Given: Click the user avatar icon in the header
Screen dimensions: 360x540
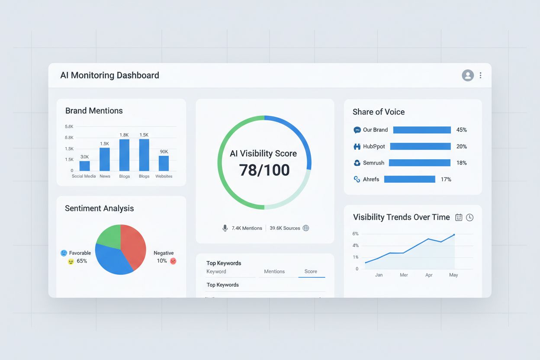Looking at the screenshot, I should tap(468, 75).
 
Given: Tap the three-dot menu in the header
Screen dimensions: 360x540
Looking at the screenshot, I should tap(480, 75).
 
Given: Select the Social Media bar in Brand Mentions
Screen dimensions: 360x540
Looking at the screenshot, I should tap(85, 166).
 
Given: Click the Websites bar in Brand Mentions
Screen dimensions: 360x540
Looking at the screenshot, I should tap(164, 164).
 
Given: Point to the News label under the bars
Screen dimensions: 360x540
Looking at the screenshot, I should tap(105, 176).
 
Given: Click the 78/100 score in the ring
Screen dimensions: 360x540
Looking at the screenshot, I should tap(264, 170).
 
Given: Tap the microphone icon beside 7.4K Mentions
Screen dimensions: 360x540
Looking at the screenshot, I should tap(225, 228).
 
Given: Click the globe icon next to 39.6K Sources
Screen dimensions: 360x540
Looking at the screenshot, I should tap(306, 228).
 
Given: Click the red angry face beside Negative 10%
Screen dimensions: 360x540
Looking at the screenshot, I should tap(173, 261).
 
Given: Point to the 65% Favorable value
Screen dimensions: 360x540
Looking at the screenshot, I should tap(82, 261).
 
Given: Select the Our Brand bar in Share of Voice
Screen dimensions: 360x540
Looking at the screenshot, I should tap(422, 130).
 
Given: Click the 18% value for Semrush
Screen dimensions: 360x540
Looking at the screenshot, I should tap(462, 163).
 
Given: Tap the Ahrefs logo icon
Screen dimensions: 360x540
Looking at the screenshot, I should tap(357, 179).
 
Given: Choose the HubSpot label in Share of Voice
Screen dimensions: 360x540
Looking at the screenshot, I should tap(374, 146).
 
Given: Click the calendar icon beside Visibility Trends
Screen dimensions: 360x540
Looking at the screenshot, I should tap(459, 218).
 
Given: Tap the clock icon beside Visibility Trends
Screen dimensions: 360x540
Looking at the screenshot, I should tap(469, 218).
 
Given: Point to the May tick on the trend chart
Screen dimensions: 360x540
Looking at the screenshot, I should tap(453, 275).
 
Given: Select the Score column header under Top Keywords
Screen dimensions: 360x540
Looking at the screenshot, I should tap(311, 271).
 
